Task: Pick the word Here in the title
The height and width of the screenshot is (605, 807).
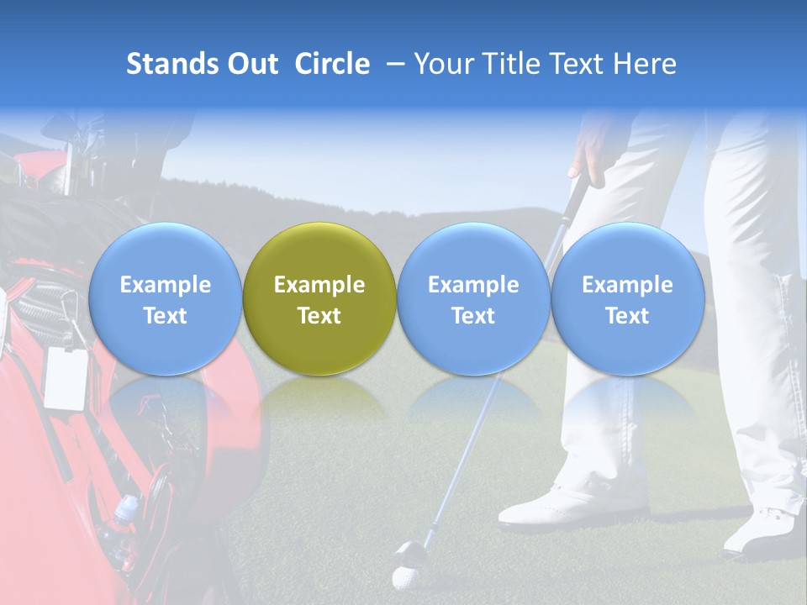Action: (x=646, y=64)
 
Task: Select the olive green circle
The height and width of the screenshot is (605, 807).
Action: (x=319, y=298)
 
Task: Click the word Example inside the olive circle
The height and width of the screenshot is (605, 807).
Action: (x=319, y=285)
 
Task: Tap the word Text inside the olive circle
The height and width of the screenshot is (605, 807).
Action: (x=319, y=316)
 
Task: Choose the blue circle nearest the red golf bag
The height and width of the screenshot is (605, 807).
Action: (x=165, y=298)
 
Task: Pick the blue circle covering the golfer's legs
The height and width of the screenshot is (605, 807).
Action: (x=627, y=298)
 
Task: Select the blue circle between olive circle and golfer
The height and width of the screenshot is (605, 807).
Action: (x=473, y=298)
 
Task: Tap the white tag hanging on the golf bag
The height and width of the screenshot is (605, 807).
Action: (x=66, y=377)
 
